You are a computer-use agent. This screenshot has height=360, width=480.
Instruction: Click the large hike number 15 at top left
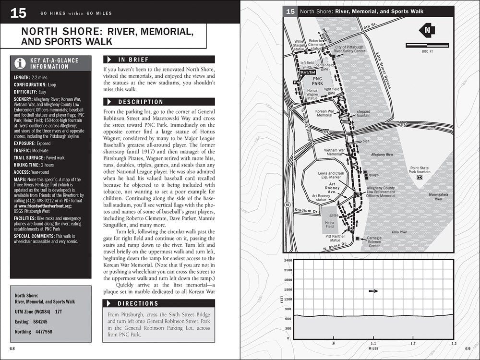pos(18,12)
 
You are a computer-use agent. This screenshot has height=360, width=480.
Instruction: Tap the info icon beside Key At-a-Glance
pos(20,63)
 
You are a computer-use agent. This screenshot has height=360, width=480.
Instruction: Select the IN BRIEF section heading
pos(133,60)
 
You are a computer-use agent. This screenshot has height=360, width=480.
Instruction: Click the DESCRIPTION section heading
pos(141,102)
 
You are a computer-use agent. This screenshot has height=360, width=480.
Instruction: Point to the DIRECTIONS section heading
pos(138,303)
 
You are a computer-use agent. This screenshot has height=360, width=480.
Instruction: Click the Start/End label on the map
pos(308,72)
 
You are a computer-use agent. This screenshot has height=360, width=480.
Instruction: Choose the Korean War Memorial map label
pos(324,113)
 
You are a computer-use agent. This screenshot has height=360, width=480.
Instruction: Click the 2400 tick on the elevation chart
pos(288,260)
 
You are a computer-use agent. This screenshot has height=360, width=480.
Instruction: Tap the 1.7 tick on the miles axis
pos(413,343)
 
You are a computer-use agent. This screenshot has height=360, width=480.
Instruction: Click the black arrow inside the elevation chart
pos(373,290)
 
